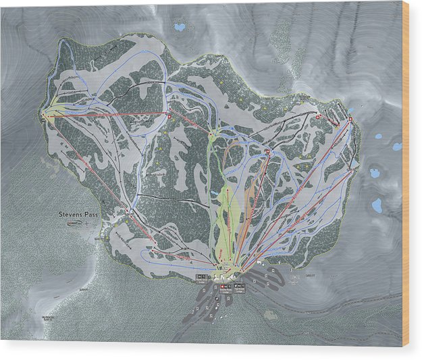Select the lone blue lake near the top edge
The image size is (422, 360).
point(179,28)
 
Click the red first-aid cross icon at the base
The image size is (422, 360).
point(224,286)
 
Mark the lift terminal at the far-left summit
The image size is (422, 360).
point(45,115)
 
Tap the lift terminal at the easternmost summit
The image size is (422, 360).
point(351,120)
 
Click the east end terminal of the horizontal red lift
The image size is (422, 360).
point(169,116)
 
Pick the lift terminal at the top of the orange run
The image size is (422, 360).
point(267,153)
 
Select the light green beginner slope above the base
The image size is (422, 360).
point(226,216)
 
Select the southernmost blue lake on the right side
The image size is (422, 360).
point(376,204)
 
